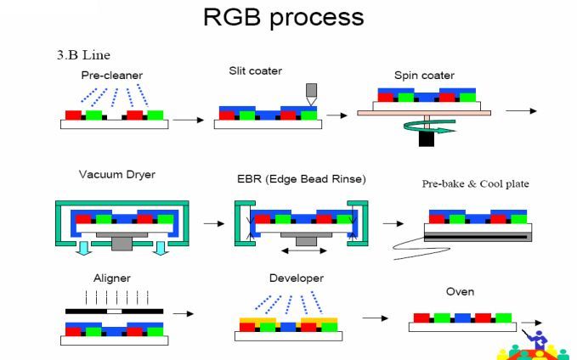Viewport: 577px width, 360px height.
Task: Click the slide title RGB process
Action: click(x=283, y=17)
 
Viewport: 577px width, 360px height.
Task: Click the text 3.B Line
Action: click(x=82, y=55)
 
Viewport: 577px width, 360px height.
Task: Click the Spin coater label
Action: click(x=424, y=76)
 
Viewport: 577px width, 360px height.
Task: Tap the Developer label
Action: click(x=296, y=278)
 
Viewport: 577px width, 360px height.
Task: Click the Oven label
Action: click(x=460, y=291)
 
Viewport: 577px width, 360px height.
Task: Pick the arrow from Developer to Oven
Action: click(x=375, y=318)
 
